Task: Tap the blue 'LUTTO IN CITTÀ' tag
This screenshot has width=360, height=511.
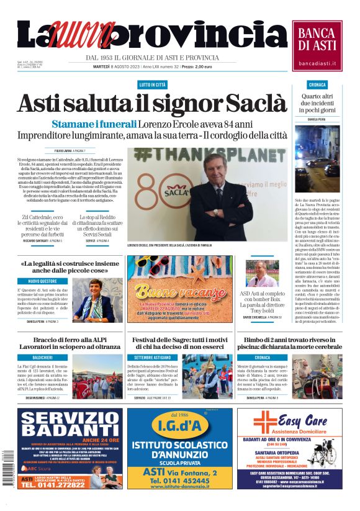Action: (153, 84)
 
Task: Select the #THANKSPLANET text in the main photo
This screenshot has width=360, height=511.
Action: (197, 155)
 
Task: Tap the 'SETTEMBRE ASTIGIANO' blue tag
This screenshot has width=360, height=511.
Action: (151, 358)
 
